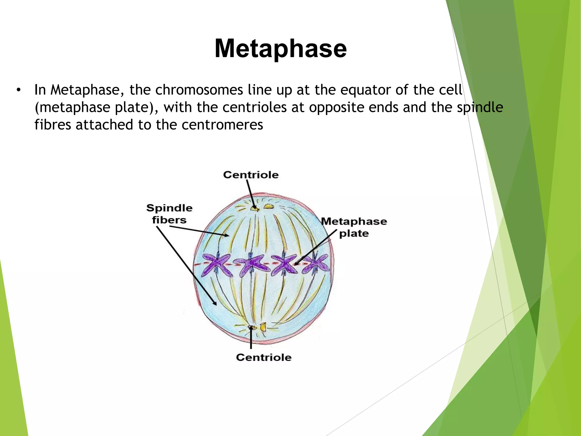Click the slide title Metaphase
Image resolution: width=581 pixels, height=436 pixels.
point(281,49)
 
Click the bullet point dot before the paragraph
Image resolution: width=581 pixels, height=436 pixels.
point(18,90)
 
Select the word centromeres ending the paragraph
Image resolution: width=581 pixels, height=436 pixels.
point(222,125)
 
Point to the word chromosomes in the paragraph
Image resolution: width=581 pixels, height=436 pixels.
point(199,90)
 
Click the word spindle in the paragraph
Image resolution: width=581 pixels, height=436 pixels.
point(480,108)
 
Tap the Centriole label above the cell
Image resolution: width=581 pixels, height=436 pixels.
point(251,175)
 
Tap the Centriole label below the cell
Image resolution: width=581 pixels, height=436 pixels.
point(264,357)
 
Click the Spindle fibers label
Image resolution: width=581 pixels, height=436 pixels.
point(169,214)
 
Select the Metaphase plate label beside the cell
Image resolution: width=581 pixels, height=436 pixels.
point(354,227)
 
